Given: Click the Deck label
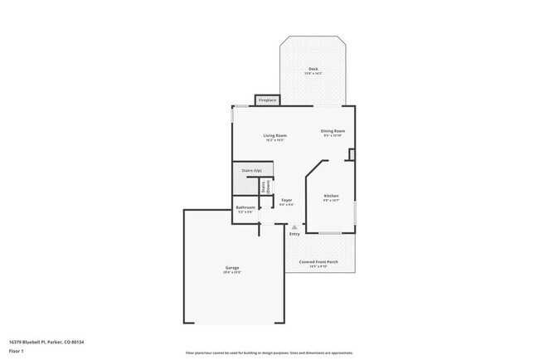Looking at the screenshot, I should point(313,69).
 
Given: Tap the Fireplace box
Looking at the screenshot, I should point(267,100).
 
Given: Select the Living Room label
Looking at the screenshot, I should point(274,135).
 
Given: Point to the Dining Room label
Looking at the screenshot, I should point(333,131).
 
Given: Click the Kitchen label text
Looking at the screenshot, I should point(331,196).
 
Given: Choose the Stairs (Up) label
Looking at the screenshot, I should point(252,170).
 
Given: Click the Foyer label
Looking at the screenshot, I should point(286,200).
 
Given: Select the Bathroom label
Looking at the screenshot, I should point(245,207).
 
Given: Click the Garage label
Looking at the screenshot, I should point(232,267).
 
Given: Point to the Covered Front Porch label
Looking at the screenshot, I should point(318,261).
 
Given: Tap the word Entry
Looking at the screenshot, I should point(294,234).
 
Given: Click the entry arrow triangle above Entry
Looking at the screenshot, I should point(294,226).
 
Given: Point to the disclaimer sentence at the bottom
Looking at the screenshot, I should point(269,353).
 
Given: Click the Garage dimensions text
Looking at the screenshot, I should point(232,272).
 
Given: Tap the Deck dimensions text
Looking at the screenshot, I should point(313,74).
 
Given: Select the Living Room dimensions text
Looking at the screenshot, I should point(274,140).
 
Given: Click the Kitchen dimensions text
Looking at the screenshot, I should point(331,201).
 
